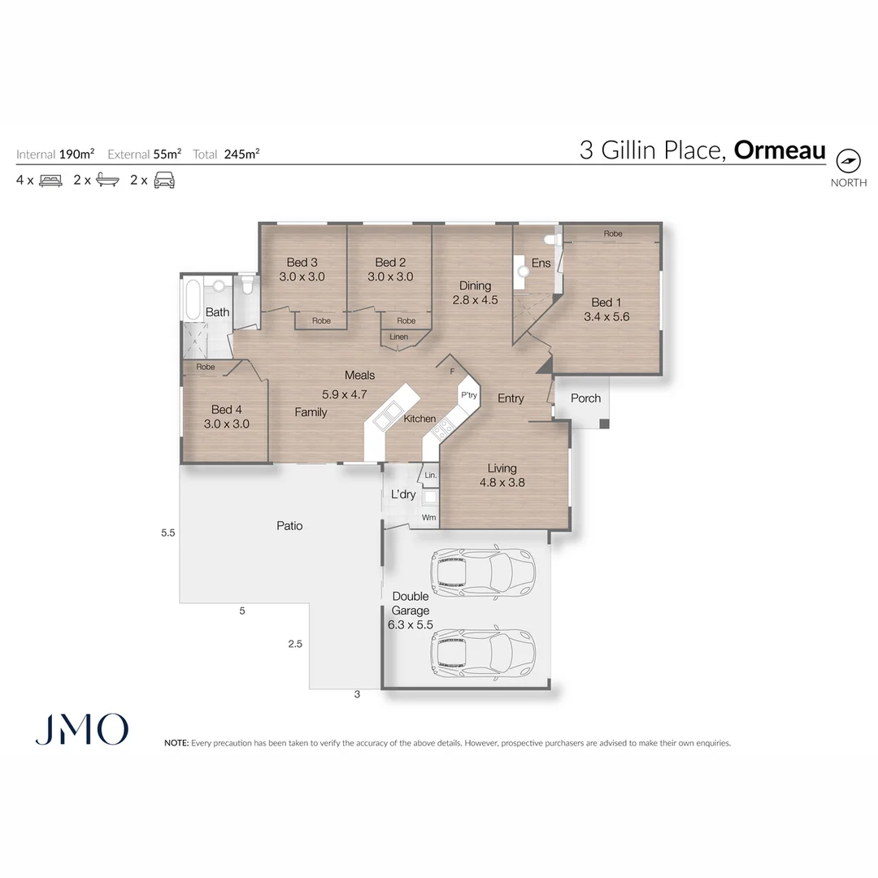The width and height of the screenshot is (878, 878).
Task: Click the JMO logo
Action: [x=81, y=729]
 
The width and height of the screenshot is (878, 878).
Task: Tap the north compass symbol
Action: [x=848, y=160]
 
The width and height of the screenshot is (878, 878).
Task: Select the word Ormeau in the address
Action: [x=780, y=150]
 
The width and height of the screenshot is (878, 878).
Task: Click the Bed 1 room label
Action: [x=602, y=302]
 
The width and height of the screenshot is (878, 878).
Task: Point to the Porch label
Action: [x=585, y=398]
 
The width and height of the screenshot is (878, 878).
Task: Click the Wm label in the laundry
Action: [x=428, y=517]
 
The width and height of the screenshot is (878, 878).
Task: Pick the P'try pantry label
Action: [x=469, y=395]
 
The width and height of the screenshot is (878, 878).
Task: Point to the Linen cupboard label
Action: [x=398, y=337]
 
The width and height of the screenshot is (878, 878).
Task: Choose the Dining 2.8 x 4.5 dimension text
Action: [x=475, y=299]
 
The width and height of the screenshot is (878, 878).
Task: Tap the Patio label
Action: [x=289, y=526]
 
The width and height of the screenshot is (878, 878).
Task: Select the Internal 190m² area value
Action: [x=76, y=154]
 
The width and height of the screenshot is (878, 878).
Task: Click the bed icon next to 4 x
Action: [x=50, y=180]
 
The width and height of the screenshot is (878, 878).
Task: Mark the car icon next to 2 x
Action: [x=165, y=180]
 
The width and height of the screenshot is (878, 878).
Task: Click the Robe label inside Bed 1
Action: [x=613, y=234]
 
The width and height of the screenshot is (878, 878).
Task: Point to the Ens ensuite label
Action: [x=541, y=263]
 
